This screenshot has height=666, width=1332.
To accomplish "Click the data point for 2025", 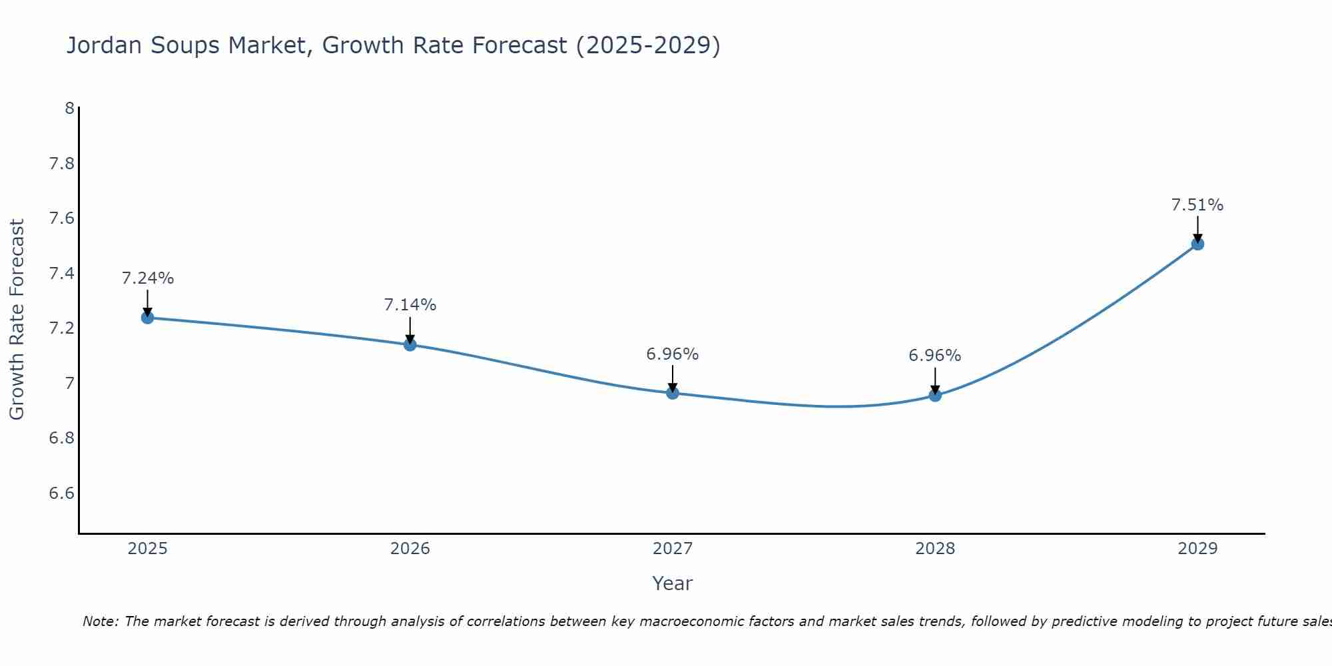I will (147, 318).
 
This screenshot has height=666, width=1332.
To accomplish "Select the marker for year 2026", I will (410, 344).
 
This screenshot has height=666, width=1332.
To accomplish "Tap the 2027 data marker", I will (673, 393).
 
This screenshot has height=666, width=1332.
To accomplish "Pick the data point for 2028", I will (935, 395).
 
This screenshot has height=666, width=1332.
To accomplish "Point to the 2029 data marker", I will (1197, 244).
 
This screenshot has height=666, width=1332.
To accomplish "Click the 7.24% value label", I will (147, 278).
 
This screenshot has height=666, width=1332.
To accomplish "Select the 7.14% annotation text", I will (410, 305).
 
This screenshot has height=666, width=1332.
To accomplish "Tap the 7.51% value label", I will (1197, 205).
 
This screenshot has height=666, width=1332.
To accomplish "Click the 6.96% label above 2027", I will (673, 354).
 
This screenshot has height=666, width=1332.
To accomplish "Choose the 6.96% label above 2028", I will (935, 356).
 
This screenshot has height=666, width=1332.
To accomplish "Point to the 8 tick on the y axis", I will (69, 108).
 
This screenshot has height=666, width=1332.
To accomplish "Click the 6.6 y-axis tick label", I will (62, 494).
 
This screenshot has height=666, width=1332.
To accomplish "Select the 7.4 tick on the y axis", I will (62, 274).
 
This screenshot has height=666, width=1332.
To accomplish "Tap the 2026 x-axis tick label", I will (410, 549).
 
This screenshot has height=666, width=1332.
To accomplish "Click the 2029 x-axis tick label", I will (1197, 549).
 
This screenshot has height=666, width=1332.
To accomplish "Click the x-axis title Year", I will (673, 583).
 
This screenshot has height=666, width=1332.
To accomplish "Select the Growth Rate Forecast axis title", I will (17, 320).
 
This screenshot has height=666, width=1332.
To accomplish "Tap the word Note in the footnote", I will (100, 621).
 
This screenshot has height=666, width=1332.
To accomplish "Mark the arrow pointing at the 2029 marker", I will (1197, 229).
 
